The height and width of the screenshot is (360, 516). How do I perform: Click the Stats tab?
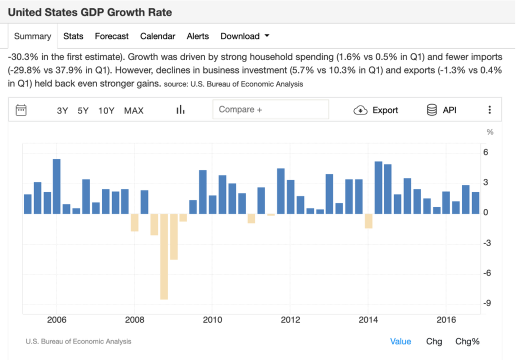pyautogui.click(x=73, y=36)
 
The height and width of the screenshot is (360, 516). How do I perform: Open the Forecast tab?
pyautogui.click(x=111, y=36)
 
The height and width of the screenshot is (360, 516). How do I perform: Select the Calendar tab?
pyautogui.click(x=157, y=36)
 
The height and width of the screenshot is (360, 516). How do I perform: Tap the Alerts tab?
pyautogui.click(x=197, y=36)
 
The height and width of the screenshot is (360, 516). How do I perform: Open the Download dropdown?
pyautogui.click(x=244, y=36)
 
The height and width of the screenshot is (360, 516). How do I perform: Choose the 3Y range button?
pyautogui.click(x=62, y=110)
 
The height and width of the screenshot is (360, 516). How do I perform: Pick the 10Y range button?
pyautogui.click(x=106, y=110)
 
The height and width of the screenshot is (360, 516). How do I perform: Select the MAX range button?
pyautogui.click(x=133, y=110)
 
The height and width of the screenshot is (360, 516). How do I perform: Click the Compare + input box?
pyautogui.click(x=270, y=109)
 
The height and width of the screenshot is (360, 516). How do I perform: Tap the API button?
pyautogui.click(x=441, y=110)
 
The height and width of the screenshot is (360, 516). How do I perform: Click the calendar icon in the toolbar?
pyautogui.click(x=21, y=110)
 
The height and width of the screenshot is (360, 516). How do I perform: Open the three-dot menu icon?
pyautogui.click(x=489, y=110)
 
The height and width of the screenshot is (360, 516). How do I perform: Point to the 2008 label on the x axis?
pyautogui.click(x=134, y=320)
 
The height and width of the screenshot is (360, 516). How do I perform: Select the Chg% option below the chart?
pyautogui.click(x=467, y=341)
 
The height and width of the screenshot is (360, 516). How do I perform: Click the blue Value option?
pyautogui.click(x=400, y=341)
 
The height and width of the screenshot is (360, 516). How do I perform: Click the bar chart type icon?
pyautogui.click(x=180, y=109)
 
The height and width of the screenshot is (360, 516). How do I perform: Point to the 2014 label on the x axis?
pyautogui.click(x=368, y=320)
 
